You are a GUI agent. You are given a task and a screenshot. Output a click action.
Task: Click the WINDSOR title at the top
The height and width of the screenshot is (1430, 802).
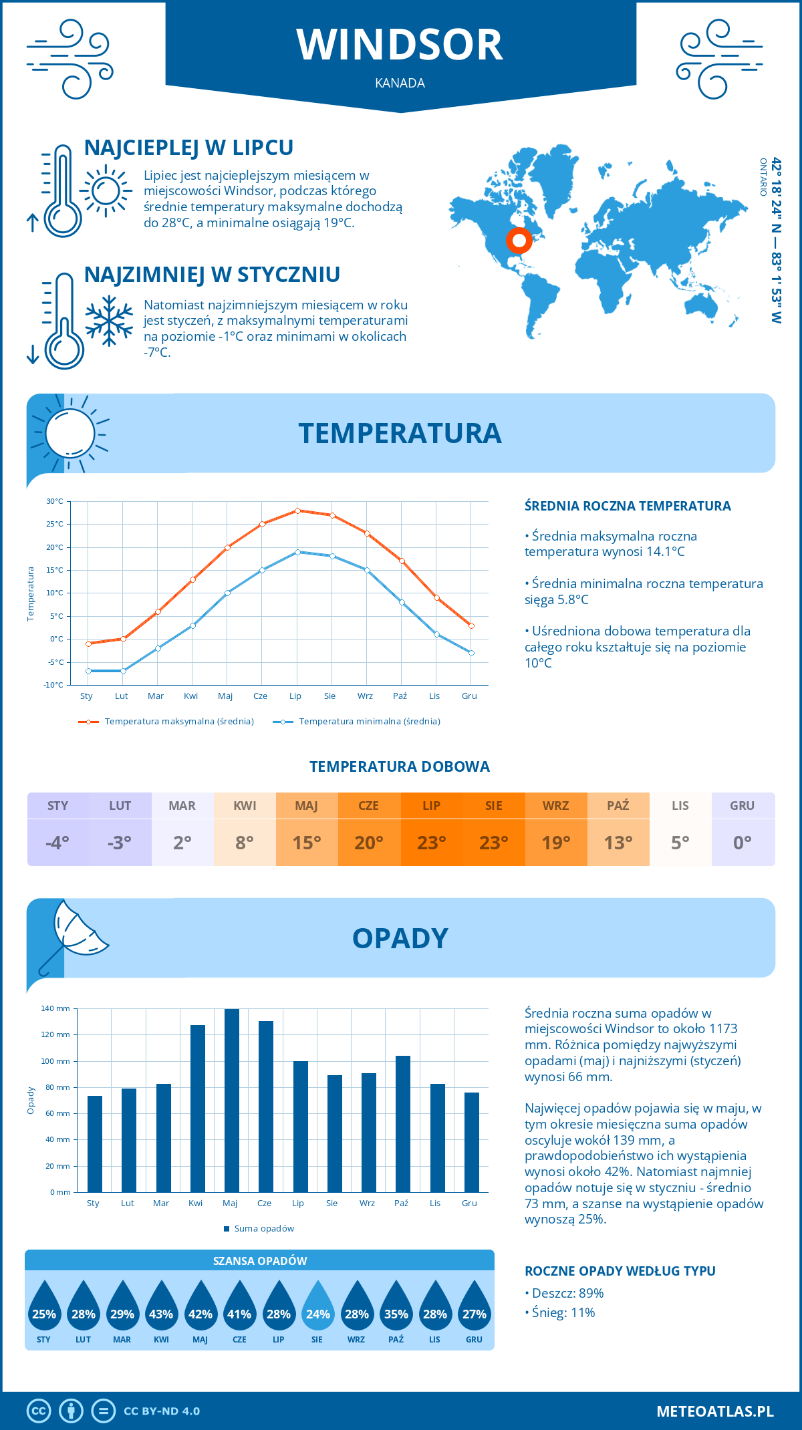(400, 45)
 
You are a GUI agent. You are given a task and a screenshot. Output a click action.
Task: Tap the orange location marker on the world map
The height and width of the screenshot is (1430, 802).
(519, 240)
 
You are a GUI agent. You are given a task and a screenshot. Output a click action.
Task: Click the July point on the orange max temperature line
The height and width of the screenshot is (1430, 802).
(297, 511)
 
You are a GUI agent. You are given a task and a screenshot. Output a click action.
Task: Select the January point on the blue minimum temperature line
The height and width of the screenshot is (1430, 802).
(88, 671)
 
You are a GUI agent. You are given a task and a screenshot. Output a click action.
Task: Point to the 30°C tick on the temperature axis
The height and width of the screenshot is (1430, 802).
(55, 501)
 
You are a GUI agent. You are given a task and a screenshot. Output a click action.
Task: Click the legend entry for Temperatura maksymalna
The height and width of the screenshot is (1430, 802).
(166, 722)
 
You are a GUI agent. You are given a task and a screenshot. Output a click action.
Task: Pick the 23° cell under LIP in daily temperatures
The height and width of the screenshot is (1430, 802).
(431, 843)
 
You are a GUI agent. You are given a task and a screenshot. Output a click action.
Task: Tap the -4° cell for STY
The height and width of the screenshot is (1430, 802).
(57, 843)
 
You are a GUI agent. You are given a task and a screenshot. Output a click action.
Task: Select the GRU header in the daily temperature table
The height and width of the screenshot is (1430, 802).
(742, 806)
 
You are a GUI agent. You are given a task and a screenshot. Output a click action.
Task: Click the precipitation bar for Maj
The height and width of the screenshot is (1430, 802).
(231, 1101)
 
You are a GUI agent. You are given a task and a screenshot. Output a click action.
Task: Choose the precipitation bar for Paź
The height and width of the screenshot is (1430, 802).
(402, 1124)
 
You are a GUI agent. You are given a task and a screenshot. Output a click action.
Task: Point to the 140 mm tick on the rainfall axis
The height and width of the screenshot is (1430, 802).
(55, 1008)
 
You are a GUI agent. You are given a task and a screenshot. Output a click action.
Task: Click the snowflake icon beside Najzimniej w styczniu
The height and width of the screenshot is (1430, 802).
(109, 321)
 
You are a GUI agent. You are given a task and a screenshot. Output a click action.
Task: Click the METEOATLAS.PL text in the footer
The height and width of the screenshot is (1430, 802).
(714, 1411)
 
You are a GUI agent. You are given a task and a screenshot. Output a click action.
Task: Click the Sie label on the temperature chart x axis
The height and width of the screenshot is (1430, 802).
(330, 696)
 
